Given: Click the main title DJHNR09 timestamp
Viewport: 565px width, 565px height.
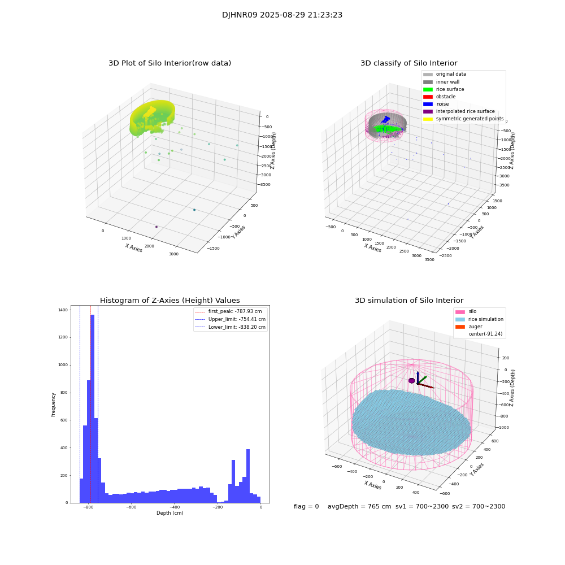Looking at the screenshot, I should (x=282, y=15).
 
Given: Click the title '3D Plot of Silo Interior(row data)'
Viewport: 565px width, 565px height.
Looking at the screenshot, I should (x=169, y=63).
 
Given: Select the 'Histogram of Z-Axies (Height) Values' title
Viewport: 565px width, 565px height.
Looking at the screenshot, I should (x=169, y=301).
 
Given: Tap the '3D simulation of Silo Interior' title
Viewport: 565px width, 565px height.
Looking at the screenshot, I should (x=408, y=301).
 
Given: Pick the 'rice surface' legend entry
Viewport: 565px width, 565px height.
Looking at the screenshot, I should (x=450, y=89).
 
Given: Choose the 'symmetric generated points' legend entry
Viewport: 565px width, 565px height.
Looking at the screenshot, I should (x=470, y=119).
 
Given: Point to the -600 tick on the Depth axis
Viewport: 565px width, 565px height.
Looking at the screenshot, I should (x=131, y=507).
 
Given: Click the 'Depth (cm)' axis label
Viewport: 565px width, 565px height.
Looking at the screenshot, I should (x=169, y=513).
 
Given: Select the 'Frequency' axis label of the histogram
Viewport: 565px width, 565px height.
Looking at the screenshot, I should (x=54, y=405).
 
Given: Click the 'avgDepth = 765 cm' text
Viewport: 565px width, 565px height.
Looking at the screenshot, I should (x=359, y=507).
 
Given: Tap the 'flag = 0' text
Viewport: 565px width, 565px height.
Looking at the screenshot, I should (x=306, y=507).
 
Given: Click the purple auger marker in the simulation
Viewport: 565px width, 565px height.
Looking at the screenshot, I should (x=411, y=381).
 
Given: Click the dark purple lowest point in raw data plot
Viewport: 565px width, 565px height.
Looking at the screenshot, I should (x=157, y=227).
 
